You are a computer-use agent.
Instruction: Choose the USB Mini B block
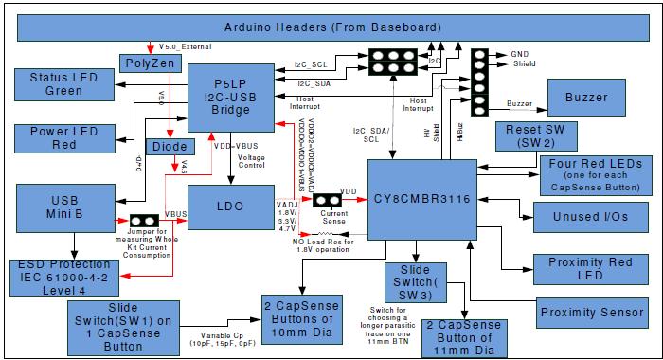[x=65, y=205]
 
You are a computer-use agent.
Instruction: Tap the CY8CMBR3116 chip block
[x=420, y=199]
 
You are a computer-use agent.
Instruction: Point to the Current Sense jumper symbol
[x=328, y=201]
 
